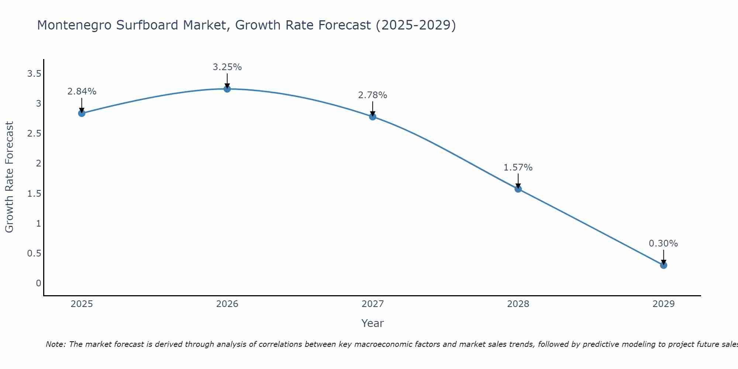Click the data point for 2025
(x=82, y=113)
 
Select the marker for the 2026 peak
(x=227, y=89)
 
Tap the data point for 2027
(x=373, y=117)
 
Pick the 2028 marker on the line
(x=518, y=189)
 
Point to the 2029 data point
(x=663, y=265)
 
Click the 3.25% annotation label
(x=227, y=67)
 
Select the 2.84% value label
(x=82, y=92)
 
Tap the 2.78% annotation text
(x=373, y=95)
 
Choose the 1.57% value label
(x=518, y=168)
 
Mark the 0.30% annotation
(x=663, y=244)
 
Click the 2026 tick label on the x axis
(x=227, y=304)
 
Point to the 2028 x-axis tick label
(x=518, y=304)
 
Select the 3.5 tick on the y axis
(x=34, y=74)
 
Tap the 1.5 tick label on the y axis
(x=34, y=193)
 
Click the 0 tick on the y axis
(x=38, y=283)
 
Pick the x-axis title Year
(x=373, y=323)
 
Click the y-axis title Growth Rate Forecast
(x=9, y=177)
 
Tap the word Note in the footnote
(x=55, y=344)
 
